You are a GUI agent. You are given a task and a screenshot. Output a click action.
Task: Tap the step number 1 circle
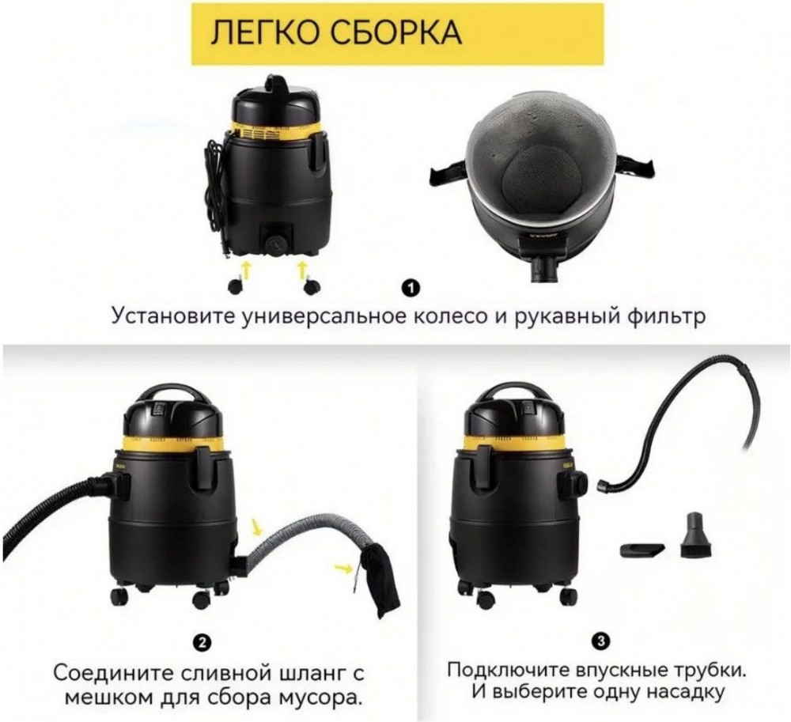point(411,289)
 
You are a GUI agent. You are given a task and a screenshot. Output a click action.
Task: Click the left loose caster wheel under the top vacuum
point(235,287)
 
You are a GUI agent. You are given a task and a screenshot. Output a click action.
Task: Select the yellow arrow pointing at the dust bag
point(343,568)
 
